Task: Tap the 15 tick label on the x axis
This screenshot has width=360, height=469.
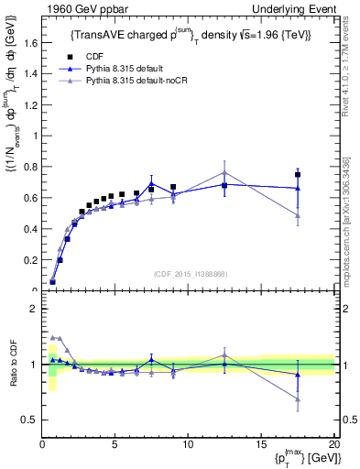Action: pos(261,444)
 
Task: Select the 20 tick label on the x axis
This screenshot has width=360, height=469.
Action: pos(333,444)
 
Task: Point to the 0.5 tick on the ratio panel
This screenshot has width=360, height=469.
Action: pos(30,420)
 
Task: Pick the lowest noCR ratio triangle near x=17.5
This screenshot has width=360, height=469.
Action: pos(298,398)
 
